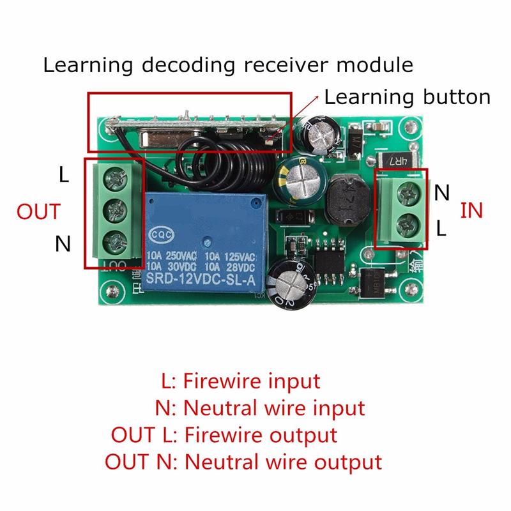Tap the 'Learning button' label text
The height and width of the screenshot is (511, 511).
point(408,97)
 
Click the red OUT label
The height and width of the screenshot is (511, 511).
point(39,211)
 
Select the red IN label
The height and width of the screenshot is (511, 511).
point(471,210)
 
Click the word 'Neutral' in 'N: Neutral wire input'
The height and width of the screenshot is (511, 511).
point(223,408)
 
